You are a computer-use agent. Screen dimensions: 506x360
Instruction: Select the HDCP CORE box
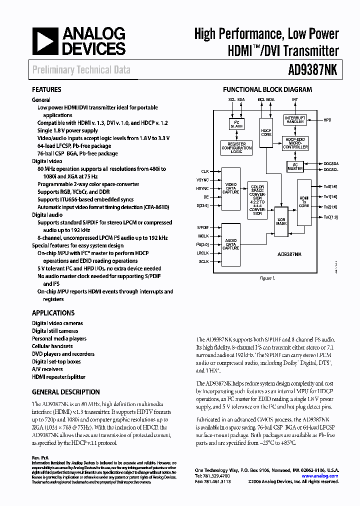click(x=265, y=132)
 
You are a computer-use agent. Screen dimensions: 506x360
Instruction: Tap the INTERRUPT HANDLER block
click(x=294, y=120)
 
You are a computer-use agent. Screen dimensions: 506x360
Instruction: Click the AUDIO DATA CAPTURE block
click(x=230, y=243)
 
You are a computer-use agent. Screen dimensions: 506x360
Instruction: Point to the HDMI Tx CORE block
click(x=304, y=202)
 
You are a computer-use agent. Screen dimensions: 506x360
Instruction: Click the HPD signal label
click(x=327, y=120)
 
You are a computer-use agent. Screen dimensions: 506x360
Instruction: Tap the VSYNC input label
click(x=202, y=179)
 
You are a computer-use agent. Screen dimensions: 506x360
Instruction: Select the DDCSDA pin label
click(x=330, y=164)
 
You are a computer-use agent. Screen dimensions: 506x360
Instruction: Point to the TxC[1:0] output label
click(x=330, y=217)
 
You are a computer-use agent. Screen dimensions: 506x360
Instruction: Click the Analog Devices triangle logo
click(x=44, y=42)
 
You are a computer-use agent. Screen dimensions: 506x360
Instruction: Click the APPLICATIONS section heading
click(x=53, y=313)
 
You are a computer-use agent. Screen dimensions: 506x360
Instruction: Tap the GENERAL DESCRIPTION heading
click(x=65, y=392)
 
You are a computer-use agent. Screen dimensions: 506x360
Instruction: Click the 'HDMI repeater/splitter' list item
click(x=58, y=377)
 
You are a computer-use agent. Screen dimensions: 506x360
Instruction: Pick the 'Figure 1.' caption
click(x=267, y=278)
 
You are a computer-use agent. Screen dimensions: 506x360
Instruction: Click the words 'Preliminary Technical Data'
click(x=81, y=70)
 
